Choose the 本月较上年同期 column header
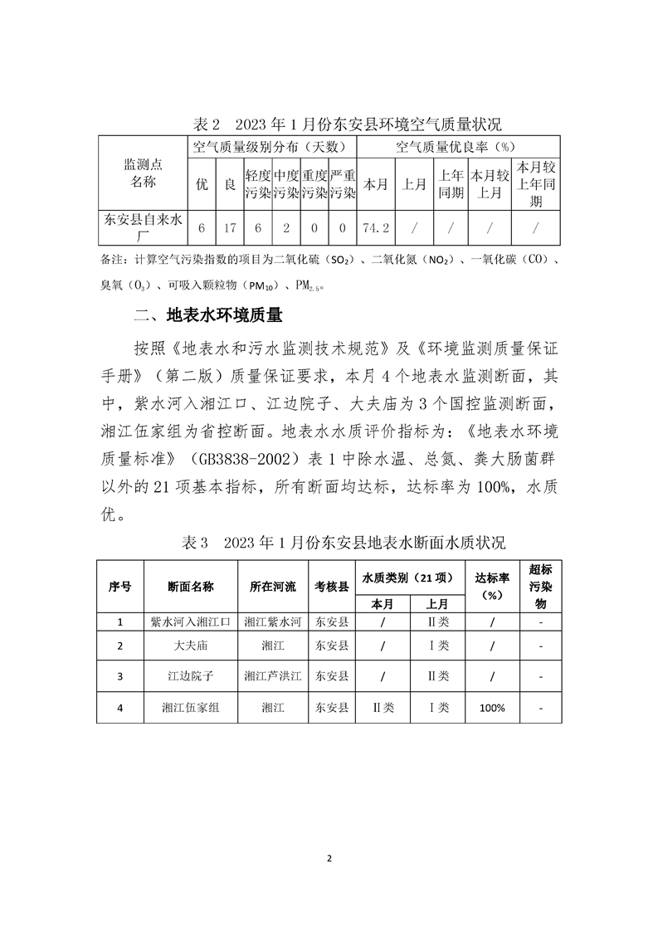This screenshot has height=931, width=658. click(536, 183)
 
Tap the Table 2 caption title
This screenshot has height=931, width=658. click(347, 125)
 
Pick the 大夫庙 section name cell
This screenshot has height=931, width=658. click(191, 646)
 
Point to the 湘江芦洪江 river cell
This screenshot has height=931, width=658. click(273, 676)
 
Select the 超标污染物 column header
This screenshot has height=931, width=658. click(540, 586)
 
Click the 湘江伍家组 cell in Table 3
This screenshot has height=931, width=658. click(191, 708)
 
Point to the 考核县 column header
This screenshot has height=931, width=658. click(332, 586)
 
